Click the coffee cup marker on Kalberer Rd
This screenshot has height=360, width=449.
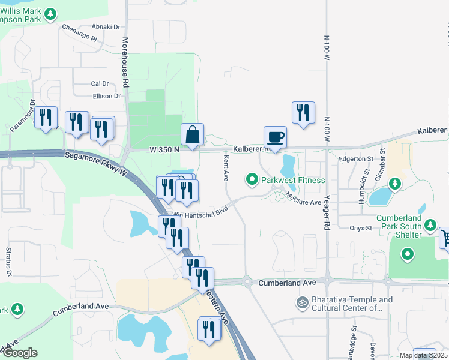[x=275, y=137]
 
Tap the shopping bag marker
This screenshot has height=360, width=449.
[x=193, y=135]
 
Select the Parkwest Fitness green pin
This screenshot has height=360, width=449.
[x=252, y=179]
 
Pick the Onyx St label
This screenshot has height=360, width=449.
[x=361, y=228]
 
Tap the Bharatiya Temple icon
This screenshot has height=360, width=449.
[x=303, y=304]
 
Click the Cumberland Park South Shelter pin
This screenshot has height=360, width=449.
[x=430, y=226]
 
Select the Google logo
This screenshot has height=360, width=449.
[x=19, y=353]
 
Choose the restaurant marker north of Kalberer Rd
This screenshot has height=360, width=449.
[x=303, y=113]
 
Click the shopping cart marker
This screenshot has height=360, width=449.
[x=445, y=238]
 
